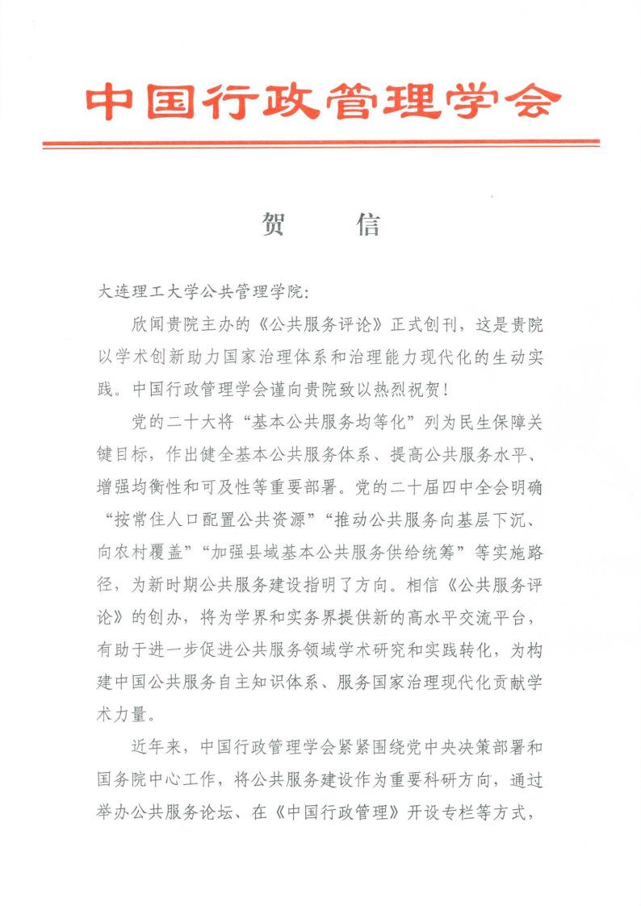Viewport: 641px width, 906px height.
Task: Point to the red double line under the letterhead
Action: point(320,144)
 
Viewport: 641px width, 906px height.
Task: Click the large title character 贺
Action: point(273,225)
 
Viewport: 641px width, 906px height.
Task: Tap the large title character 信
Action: point(367,225)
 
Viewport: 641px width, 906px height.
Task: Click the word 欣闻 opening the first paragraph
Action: point(148,325)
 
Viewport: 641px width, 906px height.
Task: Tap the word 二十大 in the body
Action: point(195,421)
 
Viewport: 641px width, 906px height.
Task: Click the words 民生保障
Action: point(497,421)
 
